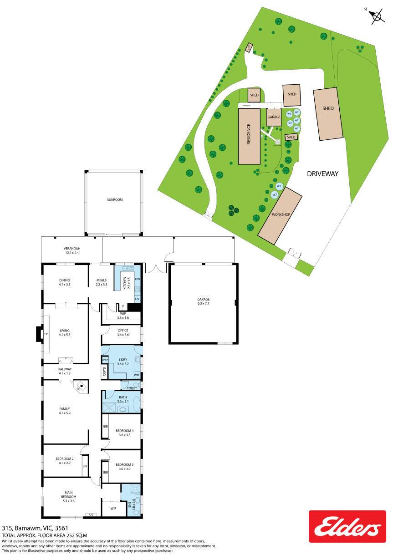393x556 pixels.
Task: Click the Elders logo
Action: point(347,526)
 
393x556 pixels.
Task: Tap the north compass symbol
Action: point(376,16)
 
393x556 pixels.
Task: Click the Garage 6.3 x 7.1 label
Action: point(203,301)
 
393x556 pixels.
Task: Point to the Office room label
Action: point(122,333)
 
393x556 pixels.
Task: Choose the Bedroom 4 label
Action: point(124,433)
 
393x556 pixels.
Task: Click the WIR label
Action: point(113,508)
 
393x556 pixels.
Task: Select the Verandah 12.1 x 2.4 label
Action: point(71,250)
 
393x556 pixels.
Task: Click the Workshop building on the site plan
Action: point(281,214)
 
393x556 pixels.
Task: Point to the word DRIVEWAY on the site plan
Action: point(323,173)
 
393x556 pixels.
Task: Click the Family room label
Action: point(64,411)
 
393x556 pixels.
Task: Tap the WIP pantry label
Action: point(122,315)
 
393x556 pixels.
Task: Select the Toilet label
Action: point(132,388)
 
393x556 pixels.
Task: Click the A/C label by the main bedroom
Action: point(91,515)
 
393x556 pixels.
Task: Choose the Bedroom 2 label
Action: point(64,460)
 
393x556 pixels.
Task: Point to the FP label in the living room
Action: point(46,334)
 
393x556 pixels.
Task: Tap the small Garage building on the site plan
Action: point(274,117)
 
